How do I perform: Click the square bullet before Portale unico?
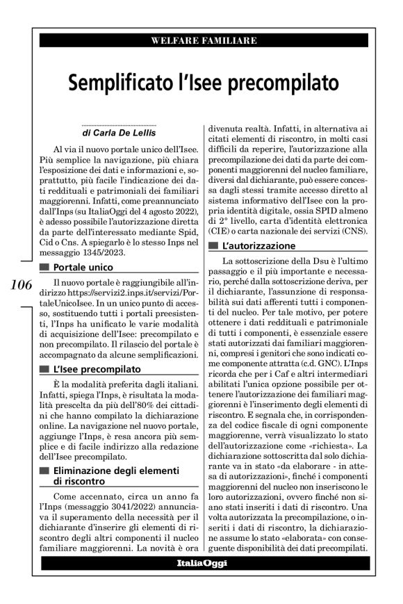45,267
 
